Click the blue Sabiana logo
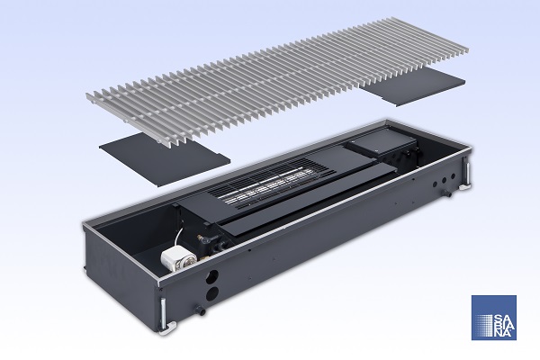pyautogui.click(x=493, y=318)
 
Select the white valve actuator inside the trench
pyautogui.click(x=178, y=260)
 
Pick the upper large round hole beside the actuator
pyautogui.click(x=212, y=276)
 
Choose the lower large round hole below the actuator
pyautogui.click(x=212, y=294)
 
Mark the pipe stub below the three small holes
pyautogui.click(x=447, y=193)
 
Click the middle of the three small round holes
pyautogui.click(x=445, y=180)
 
